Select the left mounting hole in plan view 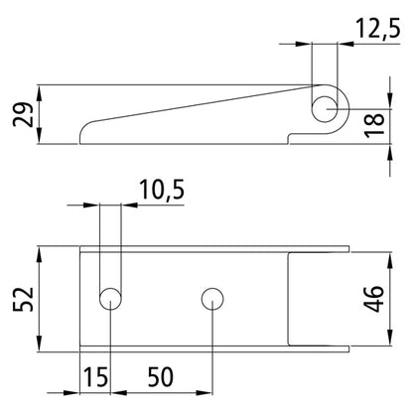tap(110, 297)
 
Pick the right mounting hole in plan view tap(210, 297)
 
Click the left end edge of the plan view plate tap(80, 298)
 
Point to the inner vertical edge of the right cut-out tap(289, 298)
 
